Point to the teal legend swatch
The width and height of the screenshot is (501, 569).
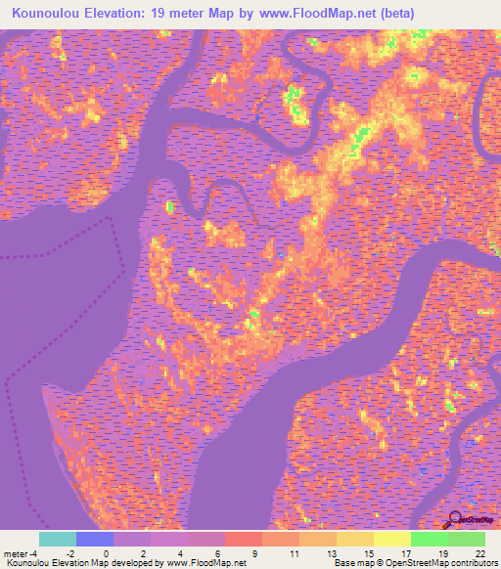[58, 539]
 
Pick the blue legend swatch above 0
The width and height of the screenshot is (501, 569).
[95, 539]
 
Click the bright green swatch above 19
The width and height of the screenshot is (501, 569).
[430, 539]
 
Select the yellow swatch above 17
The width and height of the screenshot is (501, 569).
[392, 539]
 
